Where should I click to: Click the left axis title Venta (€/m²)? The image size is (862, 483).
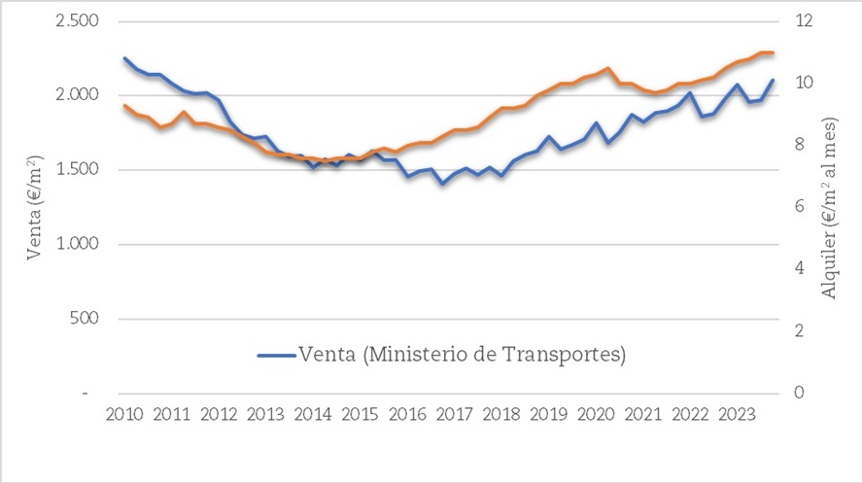click(34, 207)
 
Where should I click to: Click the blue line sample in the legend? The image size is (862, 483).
click(276, 356)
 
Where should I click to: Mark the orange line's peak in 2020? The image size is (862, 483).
click(607, 69)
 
